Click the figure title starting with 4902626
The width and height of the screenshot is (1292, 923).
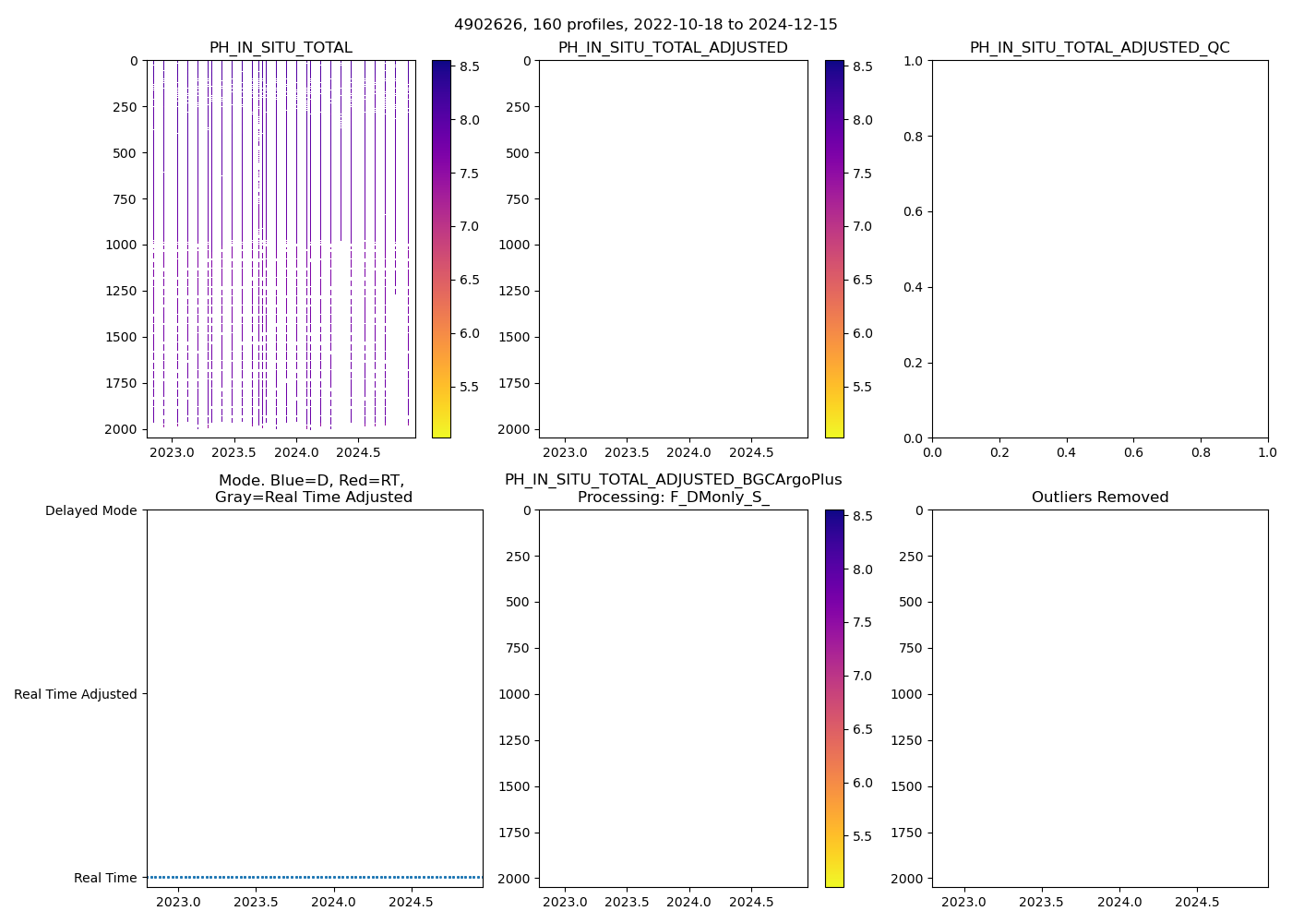click(646, 25)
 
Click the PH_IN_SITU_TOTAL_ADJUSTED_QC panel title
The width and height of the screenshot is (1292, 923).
click(1099, 48)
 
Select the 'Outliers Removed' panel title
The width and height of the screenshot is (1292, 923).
click(1099, 497)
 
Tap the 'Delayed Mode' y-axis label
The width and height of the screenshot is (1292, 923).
click(90, 510)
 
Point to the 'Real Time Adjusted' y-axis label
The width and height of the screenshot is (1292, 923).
click(76, 694)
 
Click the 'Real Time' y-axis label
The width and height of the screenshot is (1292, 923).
click(105, 878)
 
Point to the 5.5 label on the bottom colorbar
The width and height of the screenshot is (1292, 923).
click(862, 836)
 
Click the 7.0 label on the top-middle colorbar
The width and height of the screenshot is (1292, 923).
click(862, 226)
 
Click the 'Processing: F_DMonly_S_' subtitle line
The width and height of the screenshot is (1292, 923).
click(673, 497)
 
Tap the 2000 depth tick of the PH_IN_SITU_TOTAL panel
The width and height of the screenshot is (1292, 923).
click(121, 429)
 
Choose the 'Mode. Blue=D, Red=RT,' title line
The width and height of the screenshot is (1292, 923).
click(312, 480)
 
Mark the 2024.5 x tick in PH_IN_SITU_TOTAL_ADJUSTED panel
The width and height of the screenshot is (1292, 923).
click(751, 452)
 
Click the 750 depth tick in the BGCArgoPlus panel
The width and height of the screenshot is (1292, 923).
click(519, 648)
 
